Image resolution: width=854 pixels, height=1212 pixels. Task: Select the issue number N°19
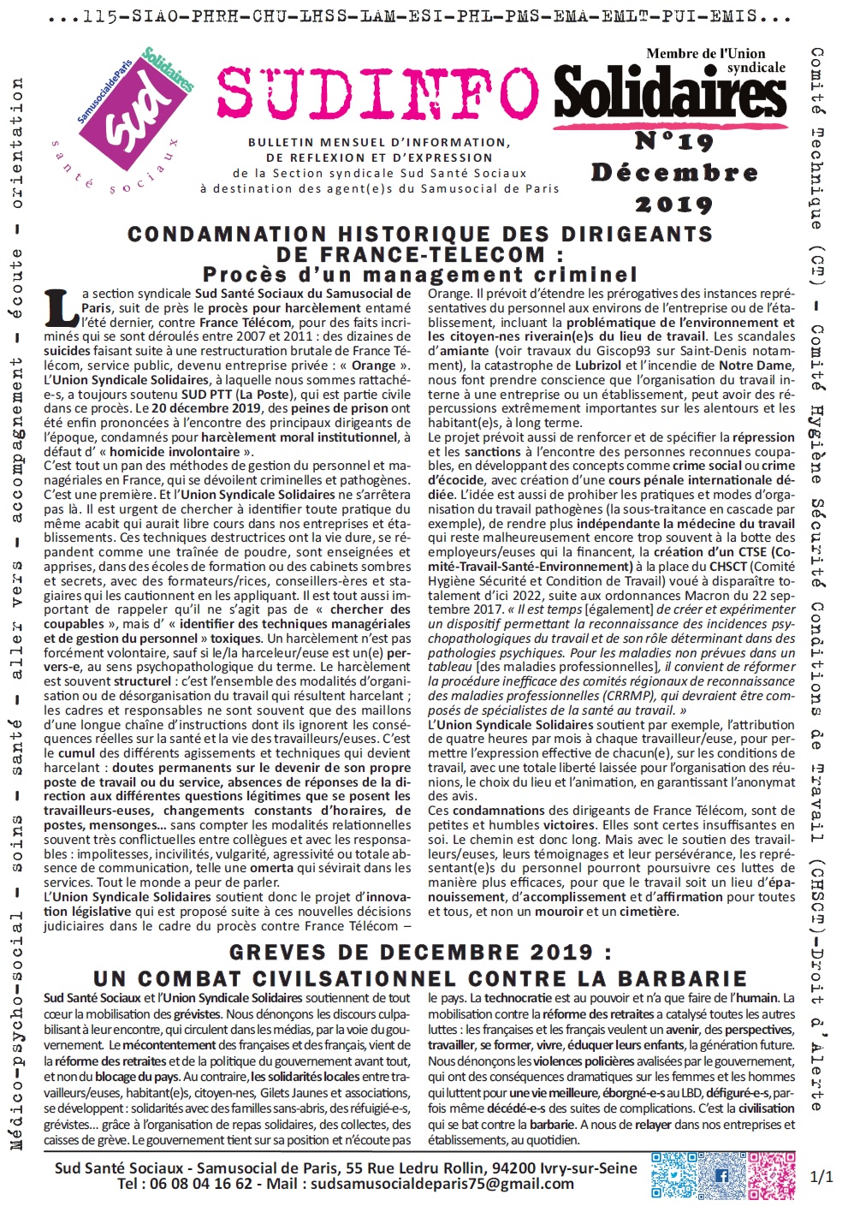(x=674, y=140)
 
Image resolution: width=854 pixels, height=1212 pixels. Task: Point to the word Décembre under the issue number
(x=674, y=172)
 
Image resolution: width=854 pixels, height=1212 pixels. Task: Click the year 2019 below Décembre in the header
(x=674, y=204)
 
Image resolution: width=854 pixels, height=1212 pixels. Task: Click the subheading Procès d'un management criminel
(x=419, y=275)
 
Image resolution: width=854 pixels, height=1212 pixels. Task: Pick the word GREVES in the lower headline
(x=276, y=953)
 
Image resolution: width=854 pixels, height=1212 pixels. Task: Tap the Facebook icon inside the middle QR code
(x=721, y=1175)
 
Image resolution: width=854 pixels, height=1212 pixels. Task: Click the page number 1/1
(x=821, y=1176)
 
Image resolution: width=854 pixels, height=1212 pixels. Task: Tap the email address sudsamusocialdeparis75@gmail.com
(x=442, y=1184)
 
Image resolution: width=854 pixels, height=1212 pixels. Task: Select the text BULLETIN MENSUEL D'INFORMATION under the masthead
(x=378, y=142)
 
